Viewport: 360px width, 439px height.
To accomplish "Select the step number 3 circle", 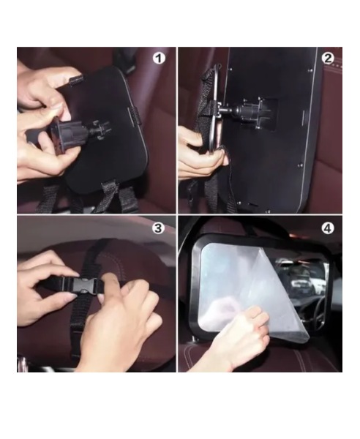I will pos(158,228).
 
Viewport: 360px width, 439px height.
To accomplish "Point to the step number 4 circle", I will pos(327,228).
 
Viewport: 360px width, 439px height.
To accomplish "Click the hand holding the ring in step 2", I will pos(198,154).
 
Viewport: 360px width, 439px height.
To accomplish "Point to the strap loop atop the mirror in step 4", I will pos(252,228).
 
